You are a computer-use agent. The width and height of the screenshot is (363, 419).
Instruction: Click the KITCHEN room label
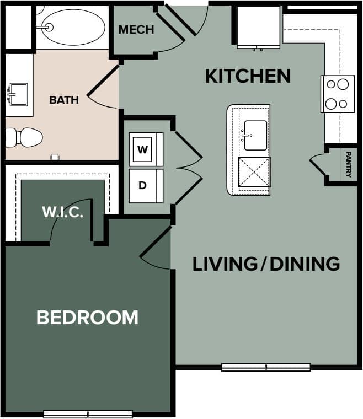(248, 76)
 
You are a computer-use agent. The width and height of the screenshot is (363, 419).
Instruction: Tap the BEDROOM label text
(87, 318)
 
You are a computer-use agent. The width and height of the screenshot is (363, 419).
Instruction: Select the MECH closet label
(136, 30)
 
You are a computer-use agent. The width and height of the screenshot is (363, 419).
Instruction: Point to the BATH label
(64, 100)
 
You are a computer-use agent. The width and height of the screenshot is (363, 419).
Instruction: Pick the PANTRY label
(349, 164)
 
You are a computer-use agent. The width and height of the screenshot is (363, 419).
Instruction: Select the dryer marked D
(143, 186)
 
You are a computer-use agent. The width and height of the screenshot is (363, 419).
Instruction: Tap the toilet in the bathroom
(25, 137)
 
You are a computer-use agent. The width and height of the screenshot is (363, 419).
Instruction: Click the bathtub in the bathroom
(72, 26)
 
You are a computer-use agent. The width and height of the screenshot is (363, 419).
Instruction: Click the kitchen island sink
(255, 135)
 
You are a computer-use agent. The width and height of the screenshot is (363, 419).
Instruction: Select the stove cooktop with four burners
(338, 94)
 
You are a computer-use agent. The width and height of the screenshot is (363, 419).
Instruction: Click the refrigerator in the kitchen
(258, 26)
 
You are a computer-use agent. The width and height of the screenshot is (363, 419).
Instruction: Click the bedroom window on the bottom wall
(88, 414)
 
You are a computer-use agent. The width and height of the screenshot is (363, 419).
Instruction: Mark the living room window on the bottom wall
(266, 367)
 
